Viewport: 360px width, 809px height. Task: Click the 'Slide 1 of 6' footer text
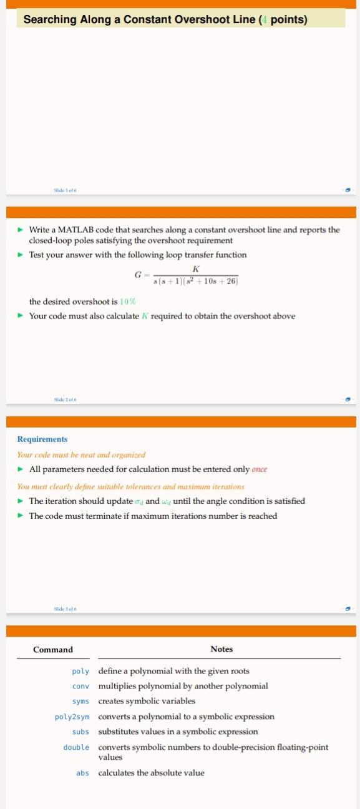pyautogui.click(x=65, y=189)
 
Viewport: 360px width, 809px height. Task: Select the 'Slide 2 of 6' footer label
pyautogui.click(x=65, y=399)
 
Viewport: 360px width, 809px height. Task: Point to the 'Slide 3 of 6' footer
pyautogui.click(x=65, y=609)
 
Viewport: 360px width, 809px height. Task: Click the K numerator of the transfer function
pyautogui.click(x=196, y=268)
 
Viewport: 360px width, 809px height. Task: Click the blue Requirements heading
pyautogui.click(x=42, y=439)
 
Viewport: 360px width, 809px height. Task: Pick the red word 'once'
pyautogui.click(x=259, y=469)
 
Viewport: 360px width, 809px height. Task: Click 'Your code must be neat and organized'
pyautogui.click(x=81, y=454)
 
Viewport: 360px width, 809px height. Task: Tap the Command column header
pyautogui.click(x=53, y=649)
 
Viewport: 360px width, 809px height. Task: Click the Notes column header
pyautogui.click(x=221, y=649)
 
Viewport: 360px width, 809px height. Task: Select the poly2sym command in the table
pyautogui.click(x=72, y=717)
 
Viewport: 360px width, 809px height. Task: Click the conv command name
pyautogui.click(x=80, y=686)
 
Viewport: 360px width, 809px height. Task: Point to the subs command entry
pyautogui.click(x=80, y=732)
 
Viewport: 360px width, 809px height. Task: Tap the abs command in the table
pyautogui.click(x=82, y=773)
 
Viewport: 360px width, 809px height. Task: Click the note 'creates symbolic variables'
pyautogui.click(x=147, y=701)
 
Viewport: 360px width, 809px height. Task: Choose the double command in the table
pyautogui.click(x=76, y=747)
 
